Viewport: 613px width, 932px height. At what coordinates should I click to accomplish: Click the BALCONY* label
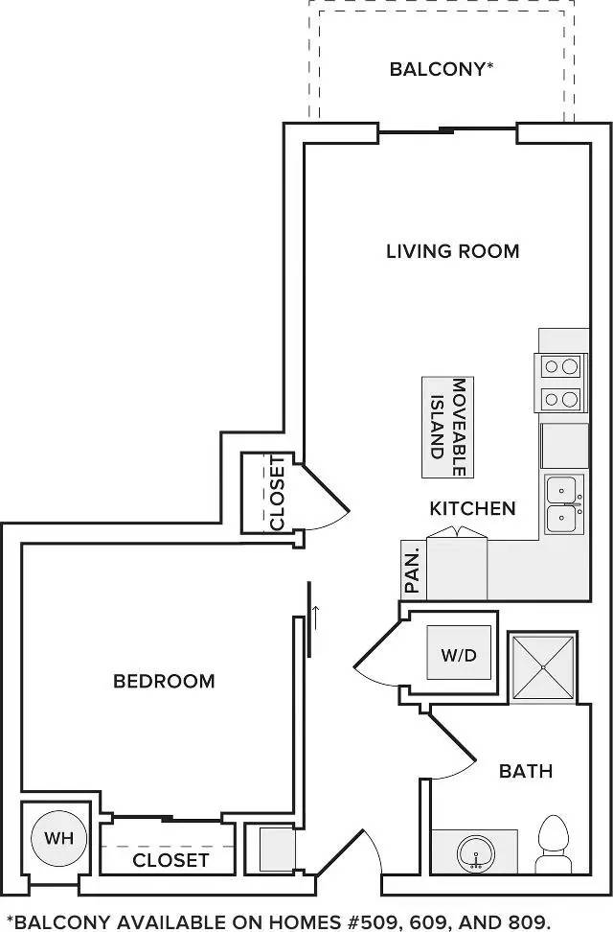click(442, 69)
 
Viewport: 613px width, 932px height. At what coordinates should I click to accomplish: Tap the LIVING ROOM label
click(453, 251)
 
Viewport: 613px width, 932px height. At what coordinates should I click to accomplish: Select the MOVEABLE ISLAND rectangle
click(448, 427)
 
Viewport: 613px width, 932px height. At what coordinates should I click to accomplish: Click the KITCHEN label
click(472, 508)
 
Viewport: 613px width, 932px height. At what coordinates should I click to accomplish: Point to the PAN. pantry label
click(412, 571)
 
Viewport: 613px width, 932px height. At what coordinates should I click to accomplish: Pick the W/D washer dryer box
click(459, 653)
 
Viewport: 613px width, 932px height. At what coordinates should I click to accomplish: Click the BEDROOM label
click(164, 681)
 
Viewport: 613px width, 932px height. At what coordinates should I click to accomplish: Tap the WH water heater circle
click(58, 838)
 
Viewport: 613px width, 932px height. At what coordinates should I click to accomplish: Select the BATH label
click(526, 771)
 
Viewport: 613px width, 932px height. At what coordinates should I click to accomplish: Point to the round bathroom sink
click(476, 853)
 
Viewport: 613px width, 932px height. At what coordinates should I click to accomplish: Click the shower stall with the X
click(543, 667)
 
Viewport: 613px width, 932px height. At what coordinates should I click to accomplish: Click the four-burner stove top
click(560, 383)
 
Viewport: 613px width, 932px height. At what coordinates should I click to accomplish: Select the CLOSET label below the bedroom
click(170, 860)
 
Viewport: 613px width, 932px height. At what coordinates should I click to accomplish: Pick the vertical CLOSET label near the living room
click(278, 493)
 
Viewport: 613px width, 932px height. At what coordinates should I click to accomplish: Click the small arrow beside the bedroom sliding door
click(315, 617)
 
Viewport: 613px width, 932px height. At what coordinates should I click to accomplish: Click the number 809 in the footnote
click(526, 921)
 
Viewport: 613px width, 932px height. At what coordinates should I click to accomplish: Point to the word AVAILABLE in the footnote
click(171, 921)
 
